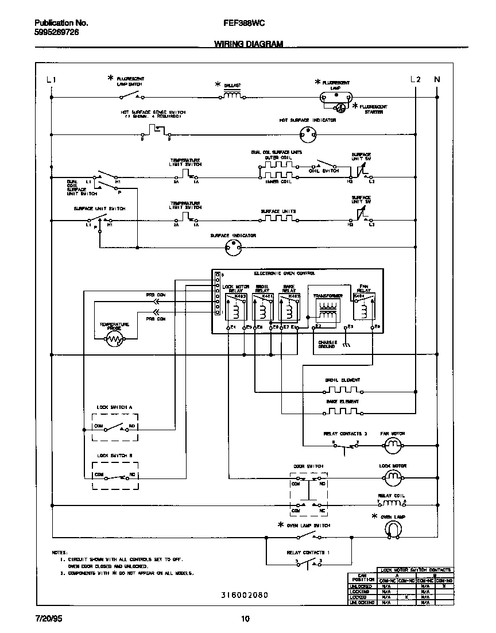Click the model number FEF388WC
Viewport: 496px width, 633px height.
tap(243, 24)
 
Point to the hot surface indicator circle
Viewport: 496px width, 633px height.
tap(308, 136)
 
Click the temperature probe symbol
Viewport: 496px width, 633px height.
tap(115, 340)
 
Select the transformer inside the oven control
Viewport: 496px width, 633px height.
tap(328, 310)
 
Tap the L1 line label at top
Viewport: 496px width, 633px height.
tap(51, 80)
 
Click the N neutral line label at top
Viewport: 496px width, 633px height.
tap(437, 80)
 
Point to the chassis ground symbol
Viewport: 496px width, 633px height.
tap(346, 345)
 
